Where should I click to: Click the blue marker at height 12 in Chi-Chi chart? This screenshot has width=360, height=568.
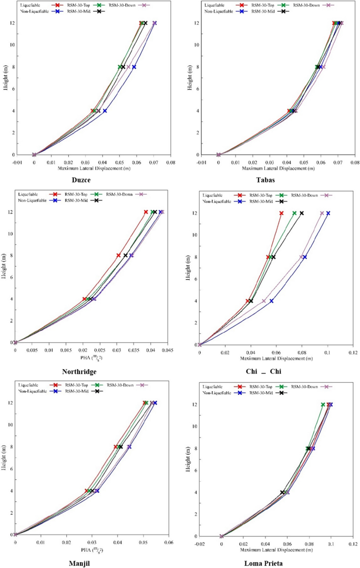[328, 213]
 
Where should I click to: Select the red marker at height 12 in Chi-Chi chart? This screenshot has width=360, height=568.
[281, 213]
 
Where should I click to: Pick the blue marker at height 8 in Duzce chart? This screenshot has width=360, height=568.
[134, 67]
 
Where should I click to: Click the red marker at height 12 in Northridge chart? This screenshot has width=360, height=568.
[146, 212]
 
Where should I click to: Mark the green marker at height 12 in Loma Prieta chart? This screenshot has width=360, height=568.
[323, 404]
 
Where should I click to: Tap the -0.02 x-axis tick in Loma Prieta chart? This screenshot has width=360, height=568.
[200, 544]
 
